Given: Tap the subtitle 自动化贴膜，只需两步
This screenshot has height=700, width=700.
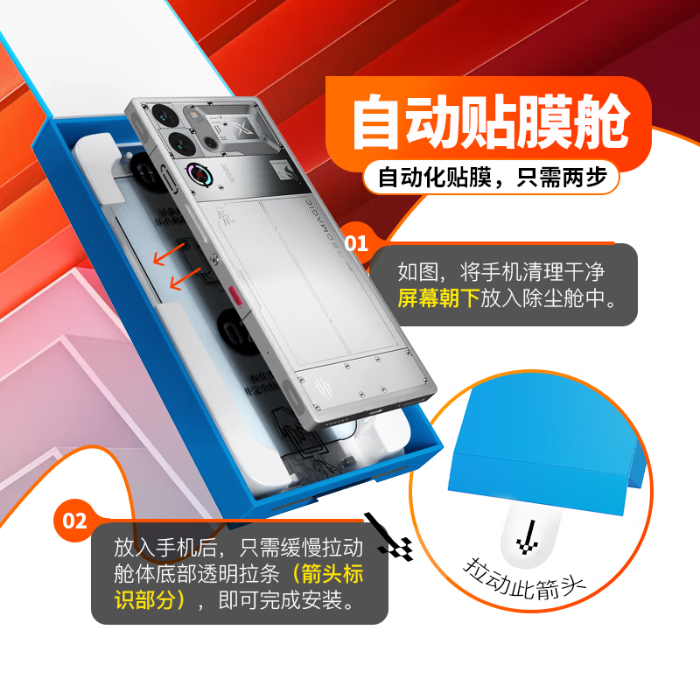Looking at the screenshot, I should tap(492, 178).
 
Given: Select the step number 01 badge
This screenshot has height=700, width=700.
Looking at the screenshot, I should tap(356, 243).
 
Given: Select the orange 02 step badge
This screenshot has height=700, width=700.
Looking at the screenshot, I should tap(75, 521).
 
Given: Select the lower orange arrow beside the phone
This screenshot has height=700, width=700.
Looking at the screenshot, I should tap(184, 278).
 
